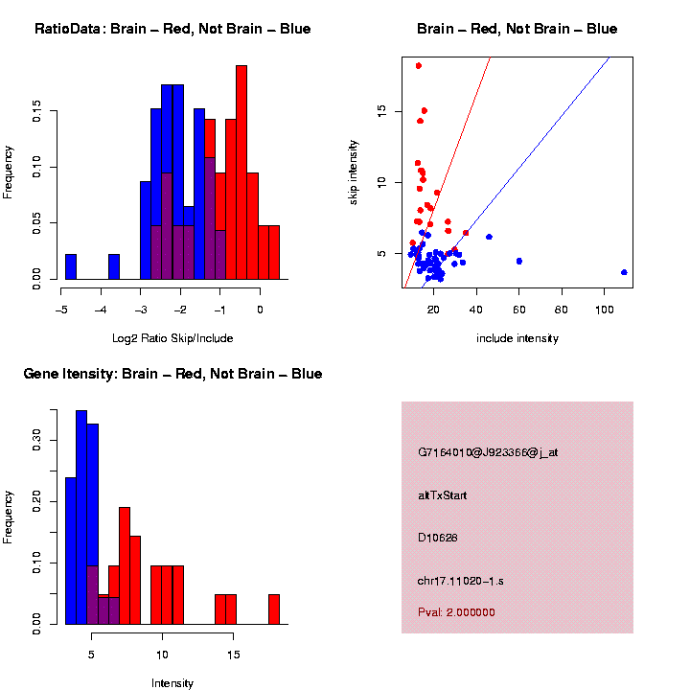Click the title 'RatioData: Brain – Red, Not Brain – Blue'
pyautogui.click(x=172, y=29)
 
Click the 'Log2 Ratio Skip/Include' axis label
pyautogui.click(x=172, y=338)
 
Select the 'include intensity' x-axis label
pyautogui.click(x=517, y=338)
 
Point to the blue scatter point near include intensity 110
pyautogui.click(x=624, y=272)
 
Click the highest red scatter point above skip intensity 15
pyautogui.click(x=419, y=66)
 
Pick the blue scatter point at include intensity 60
pyautogui.click(x=519, y=261)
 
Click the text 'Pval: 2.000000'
pyautogui.click(x=456, y=612)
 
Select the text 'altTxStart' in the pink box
pyautogui.click(x=443, y=495)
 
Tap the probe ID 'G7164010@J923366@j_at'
pyautogui.click(x=488, y=452)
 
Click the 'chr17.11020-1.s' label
pyautogui.click(x=462, y=581)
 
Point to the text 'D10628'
pyautogui.click(x=438, y=538)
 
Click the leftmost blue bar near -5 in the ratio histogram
pyautogui.click(x=71, y=266)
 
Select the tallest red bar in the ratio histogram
pyautogui.click(x=241, y=172)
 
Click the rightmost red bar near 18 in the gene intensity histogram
pyautogui.click(x=274, y=609)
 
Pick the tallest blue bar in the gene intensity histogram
pyautogui.click(x=81, y=517)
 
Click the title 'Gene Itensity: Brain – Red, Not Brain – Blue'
pyautogui.click(x=172, y=374)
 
